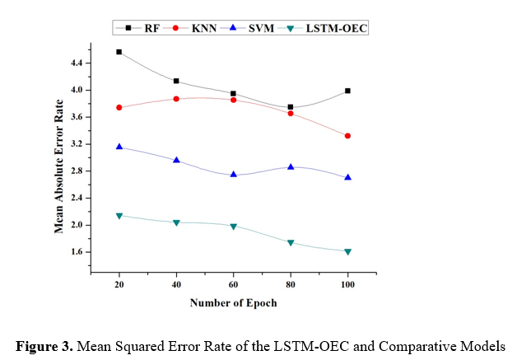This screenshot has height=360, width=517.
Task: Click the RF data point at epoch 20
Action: [119, 52]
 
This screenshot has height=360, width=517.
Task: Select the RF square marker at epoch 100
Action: [348, 91]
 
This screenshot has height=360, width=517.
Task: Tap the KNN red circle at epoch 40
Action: [176, 99]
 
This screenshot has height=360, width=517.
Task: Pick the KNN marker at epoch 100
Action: [348, 136]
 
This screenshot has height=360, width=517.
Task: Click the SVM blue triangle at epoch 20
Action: [119, 147]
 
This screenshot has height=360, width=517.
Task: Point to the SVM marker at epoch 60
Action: [234, 175]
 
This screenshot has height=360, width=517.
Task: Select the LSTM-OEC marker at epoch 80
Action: [291, 243]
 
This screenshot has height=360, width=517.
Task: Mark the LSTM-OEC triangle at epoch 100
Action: [348, 252]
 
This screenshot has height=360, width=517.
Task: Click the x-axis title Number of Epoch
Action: [234, 302]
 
